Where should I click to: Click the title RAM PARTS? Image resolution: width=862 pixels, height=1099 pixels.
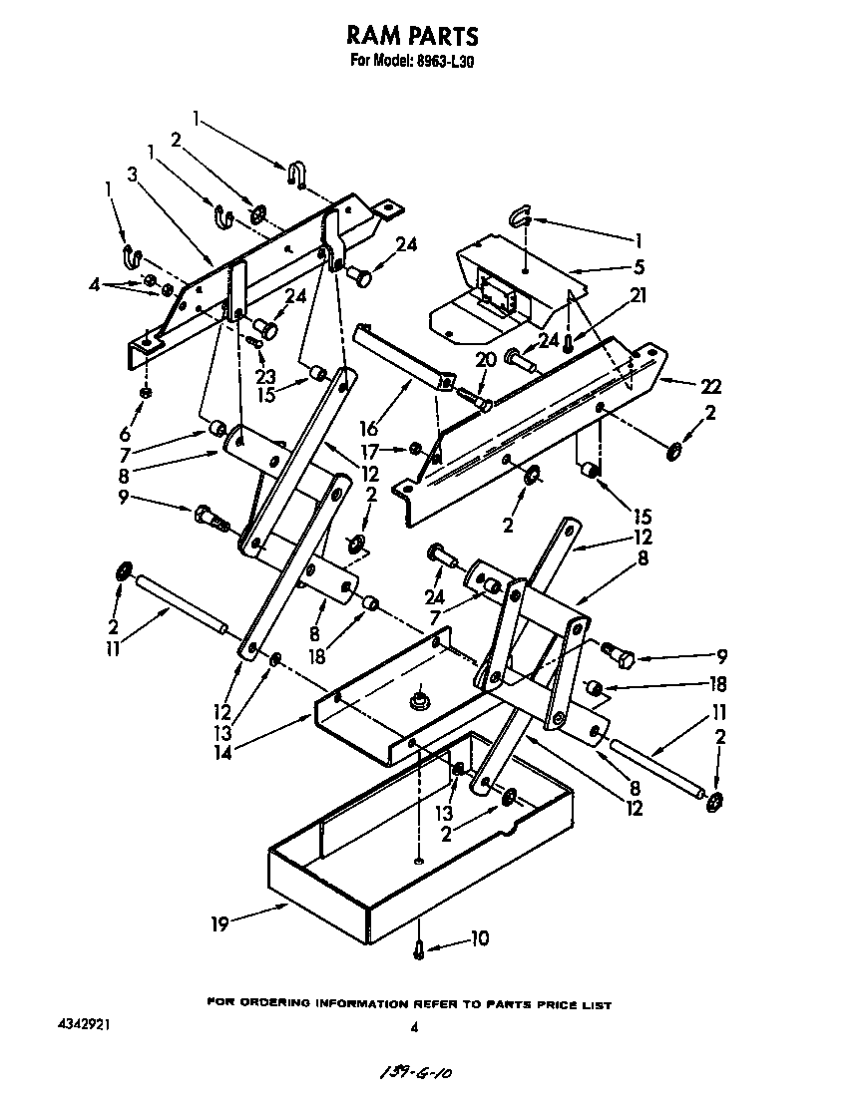click(412, 36)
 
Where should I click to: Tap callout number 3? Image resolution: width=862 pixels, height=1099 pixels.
click(131, 173)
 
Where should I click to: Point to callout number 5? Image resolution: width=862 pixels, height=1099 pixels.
click(639, 266)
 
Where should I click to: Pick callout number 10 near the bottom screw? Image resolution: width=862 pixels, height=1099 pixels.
click(479, 938)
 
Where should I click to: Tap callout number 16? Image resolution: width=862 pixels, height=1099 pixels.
click(369, 430)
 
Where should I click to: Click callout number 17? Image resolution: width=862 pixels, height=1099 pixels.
click(369, 450)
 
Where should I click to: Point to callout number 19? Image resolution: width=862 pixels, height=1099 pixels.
click(218, 923)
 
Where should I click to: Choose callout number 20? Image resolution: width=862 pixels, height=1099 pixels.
click(485, 361)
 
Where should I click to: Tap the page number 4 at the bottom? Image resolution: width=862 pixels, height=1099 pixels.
click(412, 1026)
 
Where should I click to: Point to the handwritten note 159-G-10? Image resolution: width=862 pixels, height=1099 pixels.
click(411, 1072)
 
